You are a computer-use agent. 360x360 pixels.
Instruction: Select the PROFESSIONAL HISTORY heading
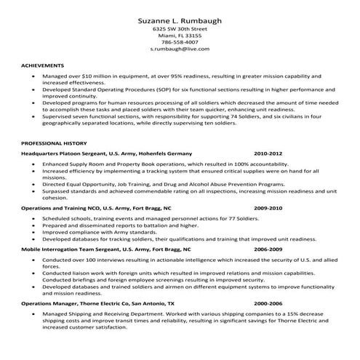(x=54, y=143)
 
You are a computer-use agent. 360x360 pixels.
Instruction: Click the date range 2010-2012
(x=268, y=154)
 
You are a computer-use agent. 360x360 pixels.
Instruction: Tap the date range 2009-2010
(x=268, y=207)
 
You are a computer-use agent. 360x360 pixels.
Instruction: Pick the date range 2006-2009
(x=268, y=249)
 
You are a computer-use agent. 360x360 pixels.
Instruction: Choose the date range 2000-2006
(x=268, y=302)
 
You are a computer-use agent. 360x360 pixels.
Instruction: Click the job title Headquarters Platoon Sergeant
(x=64, y=154)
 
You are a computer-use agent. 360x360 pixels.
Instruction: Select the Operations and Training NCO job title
(x=61, y=207)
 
